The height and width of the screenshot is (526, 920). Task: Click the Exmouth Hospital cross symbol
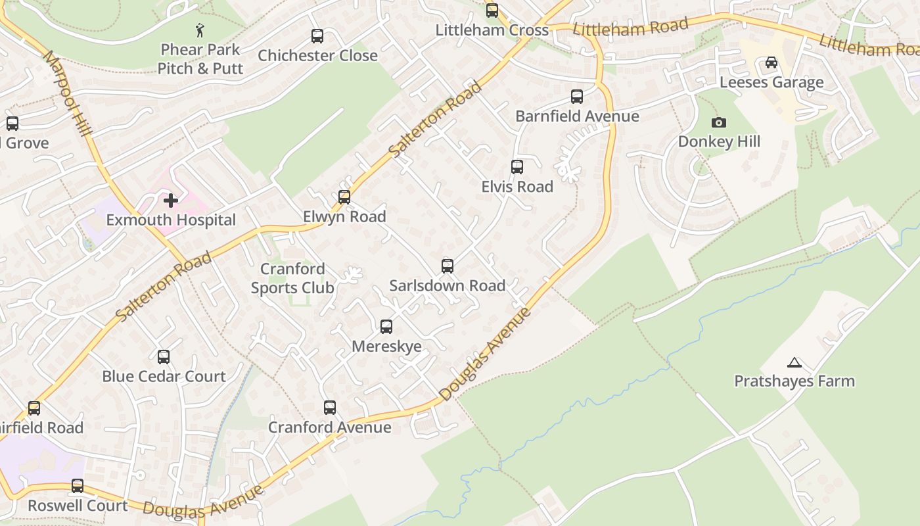click(x=171, y=200)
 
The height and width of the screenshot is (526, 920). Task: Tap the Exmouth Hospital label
click(x=171, y=220)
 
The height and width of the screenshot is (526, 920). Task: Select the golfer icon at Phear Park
click(x=200, y=30)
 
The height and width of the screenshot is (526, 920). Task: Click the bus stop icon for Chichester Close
click(x=317, y=36)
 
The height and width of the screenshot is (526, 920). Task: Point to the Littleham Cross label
click(x=492, y=30)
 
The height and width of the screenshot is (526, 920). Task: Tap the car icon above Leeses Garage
click(x=771, y=62)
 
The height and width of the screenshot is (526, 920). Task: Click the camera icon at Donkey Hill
click(x=719, y=122)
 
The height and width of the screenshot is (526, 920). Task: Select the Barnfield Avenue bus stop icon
click(x=577, y=97)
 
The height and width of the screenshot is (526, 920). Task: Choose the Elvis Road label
click(x=517, y=187)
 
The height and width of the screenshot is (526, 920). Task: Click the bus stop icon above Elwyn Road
click(x=344, y=197)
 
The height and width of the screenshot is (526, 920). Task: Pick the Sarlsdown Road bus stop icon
click(x=448, y=266)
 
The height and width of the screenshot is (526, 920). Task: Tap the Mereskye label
click(x=386, y=347)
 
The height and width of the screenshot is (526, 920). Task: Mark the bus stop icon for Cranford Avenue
click(x=330, y=408)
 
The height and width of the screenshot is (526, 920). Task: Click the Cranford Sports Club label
click(x=292, y=278)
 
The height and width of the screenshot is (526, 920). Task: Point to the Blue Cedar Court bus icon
click(x=164, y=357)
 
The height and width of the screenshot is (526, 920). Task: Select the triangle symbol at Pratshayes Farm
click(x=794, y=362)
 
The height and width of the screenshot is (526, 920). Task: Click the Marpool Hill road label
click(x=68, y=92)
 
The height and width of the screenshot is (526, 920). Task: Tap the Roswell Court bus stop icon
click(x=78, y=486)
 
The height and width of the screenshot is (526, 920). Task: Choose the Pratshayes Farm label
click(x=794, y=381)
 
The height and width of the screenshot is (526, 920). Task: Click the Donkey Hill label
click(x=719, y=142)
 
